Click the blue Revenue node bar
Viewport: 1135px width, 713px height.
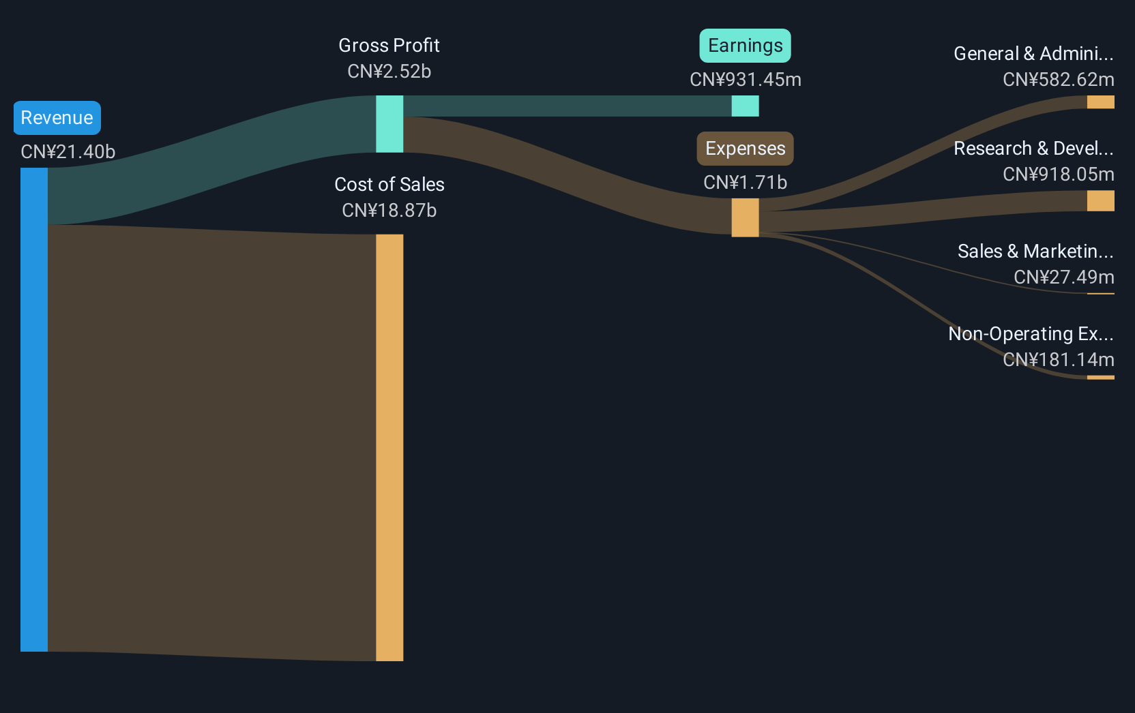[34, 410]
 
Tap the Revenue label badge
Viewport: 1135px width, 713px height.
[57, 118]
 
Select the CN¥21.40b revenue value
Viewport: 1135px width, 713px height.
[68, 152]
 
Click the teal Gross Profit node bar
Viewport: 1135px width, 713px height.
[389, 124]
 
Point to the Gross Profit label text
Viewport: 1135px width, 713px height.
[389, 46]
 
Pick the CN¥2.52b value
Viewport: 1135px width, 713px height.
[389, 72]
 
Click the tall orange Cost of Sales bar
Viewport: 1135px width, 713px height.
[389, 448]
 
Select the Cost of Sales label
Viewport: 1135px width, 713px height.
[389, 184]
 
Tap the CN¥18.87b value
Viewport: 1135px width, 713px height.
[389, 211]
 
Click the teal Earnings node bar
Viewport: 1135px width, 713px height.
[746, 106]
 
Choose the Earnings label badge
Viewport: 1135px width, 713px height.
[746, 46]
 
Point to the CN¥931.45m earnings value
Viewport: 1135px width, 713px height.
[746, 80]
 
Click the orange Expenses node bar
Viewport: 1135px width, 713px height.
[746, 217]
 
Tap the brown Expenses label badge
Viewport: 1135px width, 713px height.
[746, 149]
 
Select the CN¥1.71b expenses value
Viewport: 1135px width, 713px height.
[746, 182]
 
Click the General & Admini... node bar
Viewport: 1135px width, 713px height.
[1100, 102]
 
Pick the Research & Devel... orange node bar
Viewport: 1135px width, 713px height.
[1100, 200]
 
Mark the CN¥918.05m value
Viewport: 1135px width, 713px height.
[1059, 175]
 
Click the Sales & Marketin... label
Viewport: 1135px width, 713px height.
[1035, 251]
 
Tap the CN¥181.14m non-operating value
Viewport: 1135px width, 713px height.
[1059, 359]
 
